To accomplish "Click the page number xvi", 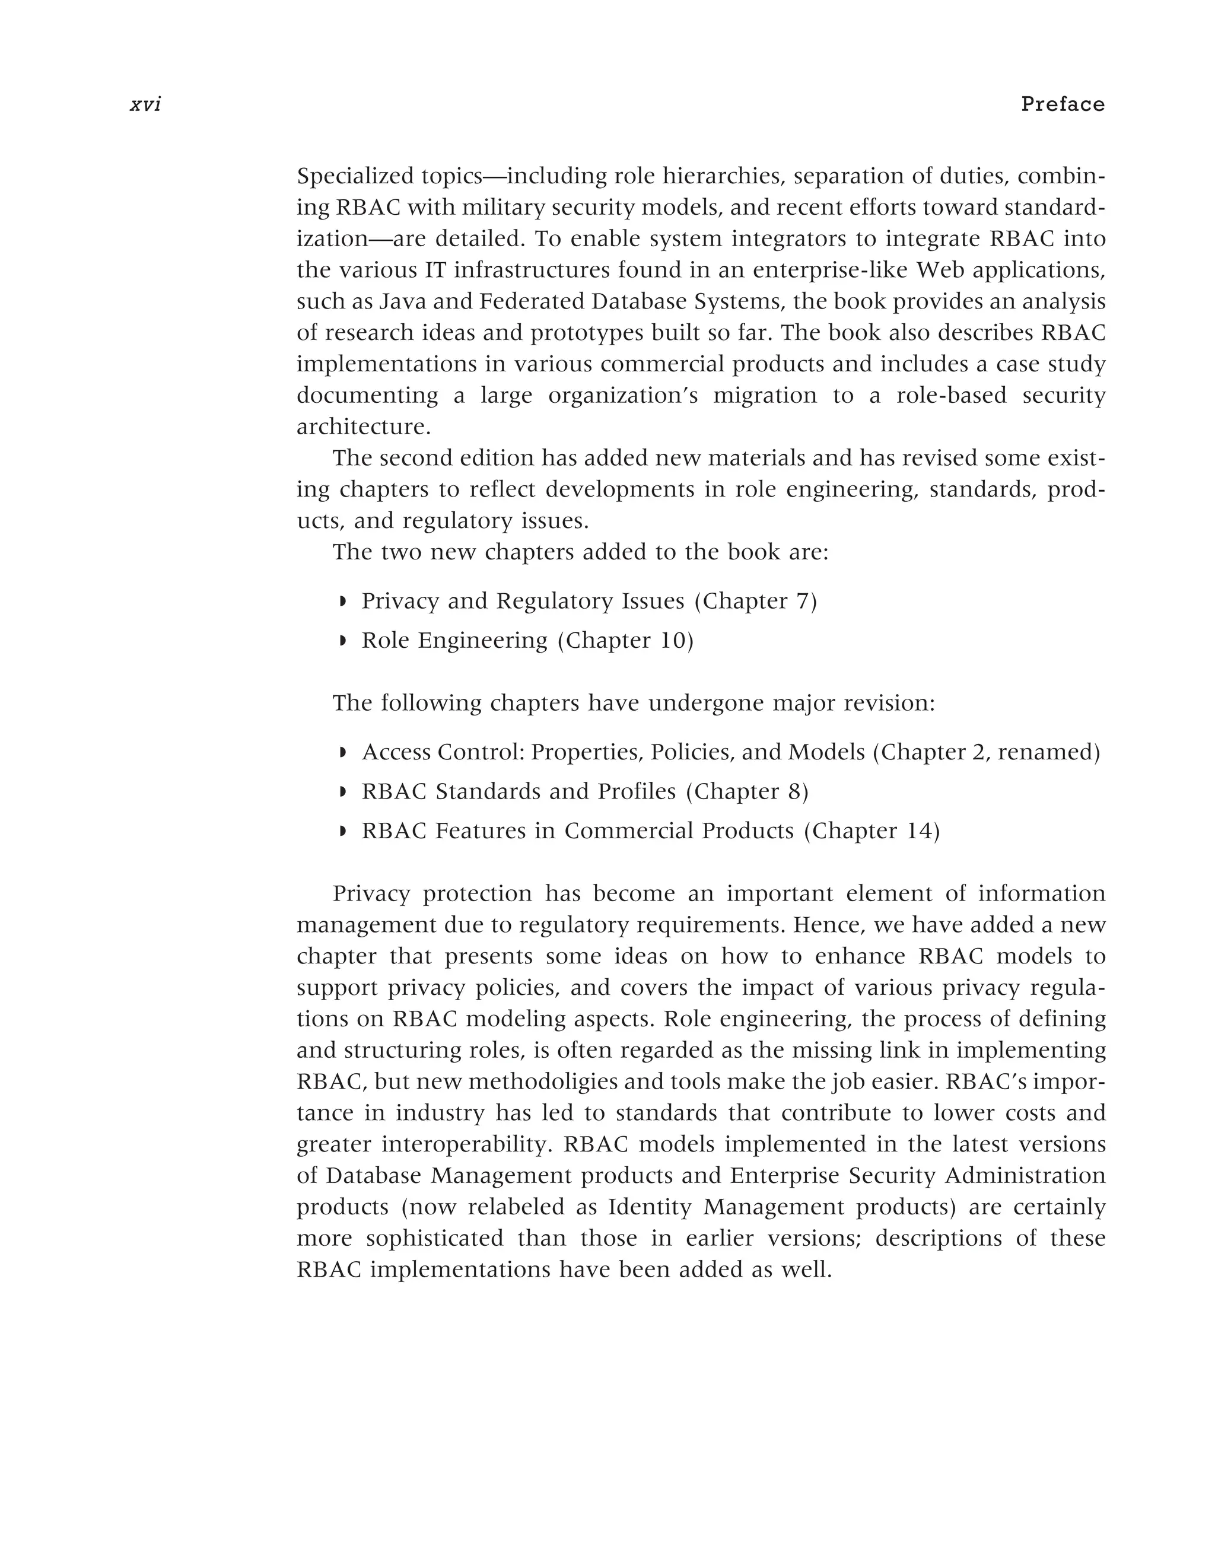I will coord(146,105).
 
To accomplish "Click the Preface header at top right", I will coord(1063,104).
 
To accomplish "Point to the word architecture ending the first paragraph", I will coord(363,427).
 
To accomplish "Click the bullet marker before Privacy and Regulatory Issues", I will coord(342,602).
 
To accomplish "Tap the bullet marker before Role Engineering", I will coord(342,641).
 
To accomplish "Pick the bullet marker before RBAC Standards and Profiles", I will coord(342,793).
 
